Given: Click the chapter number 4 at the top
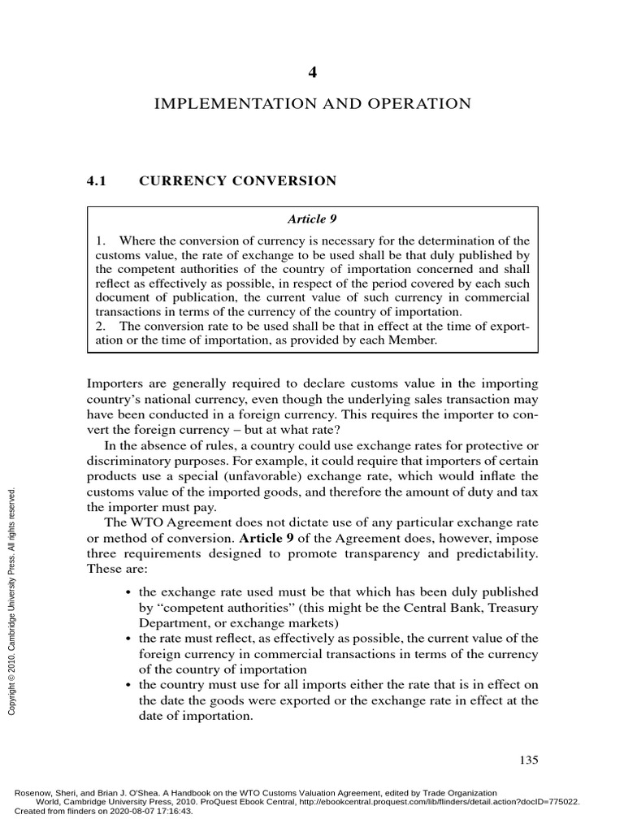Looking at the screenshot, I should pyautogui.click(x=312, y=72).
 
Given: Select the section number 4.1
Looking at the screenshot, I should pyautogui.click(x=97, y=181).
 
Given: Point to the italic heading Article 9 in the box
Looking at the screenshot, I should pyautogui.click(x=312, y=219).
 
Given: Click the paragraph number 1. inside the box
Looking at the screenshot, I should pyautogui.click(x=101, y=240).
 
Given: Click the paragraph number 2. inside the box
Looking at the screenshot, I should pyautogui.click(x=101, y=327).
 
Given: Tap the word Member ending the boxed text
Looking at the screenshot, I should pyautogui.click(x=414, y=341).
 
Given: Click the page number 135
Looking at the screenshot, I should pyautogui.click(x=528, y=760).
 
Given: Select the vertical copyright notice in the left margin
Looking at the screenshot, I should pyautogui.click(x=11, y=601).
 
